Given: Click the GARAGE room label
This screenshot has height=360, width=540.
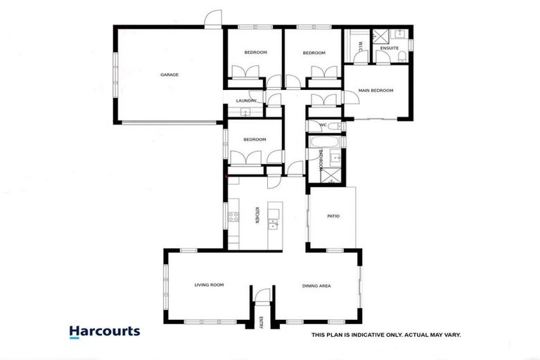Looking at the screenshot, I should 169,75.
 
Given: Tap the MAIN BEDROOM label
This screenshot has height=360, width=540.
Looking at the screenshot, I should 375,91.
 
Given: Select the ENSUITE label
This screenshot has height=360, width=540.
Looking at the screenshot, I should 390,49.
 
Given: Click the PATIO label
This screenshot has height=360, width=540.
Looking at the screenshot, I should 333,216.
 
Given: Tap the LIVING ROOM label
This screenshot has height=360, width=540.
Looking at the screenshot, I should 209,285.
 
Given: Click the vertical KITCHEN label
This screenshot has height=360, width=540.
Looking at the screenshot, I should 257,215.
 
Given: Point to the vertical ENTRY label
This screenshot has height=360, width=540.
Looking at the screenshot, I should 260,323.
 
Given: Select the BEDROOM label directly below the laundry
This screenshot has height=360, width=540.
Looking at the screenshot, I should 255,139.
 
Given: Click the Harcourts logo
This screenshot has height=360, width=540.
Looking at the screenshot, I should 104,332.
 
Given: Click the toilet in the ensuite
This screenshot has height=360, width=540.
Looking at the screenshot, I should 401,60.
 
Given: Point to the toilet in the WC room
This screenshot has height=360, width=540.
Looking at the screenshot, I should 333,127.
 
